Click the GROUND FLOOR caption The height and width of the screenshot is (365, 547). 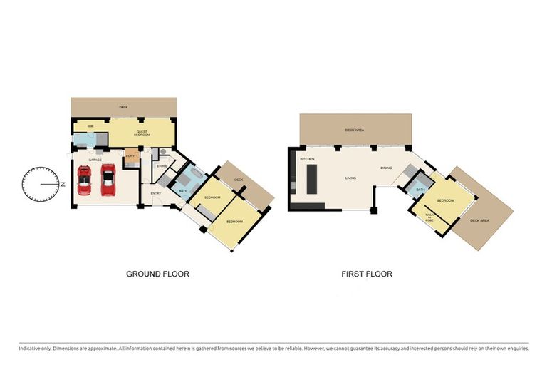tap(157, 273)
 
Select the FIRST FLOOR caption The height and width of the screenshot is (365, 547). tap(366, 273)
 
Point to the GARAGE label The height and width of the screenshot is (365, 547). tap(95, 160)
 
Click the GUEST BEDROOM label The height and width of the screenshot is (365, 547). tap(142, 133)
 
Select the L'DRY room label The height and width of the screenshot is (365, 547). tap(130, 156)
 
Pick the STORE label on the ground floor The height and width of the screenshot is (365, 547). tap(162, 166)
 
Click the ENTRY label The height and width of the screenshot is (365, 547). tap(155, 192)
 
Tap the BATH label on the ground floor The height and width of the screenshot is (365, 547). tap(183, 191)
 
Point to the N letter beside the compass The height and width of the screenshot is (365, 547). tap(63, 185)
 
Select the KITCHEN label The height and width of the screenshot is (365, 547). tap(307, 158)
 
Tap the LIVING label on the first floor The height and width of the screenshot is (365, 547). tap(350, 178)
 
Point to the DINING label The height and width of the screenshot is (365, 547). tap(386, 168)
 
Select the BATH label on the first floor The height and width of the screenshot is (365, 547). tap(420, 190)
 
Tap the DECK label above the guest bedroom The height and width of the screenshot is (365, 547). tap(123, 106)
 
